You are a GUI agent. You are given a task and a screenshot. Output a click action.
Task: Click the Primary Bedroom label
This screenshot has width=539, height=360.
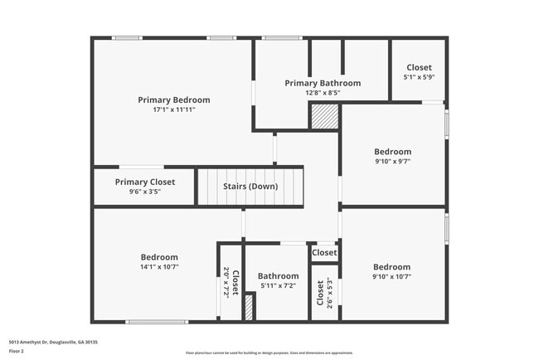tap(174, 100)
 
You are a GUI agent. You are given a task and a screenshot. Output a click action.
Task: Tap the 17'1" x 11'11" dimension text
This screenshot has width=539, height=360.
tap(174, 109)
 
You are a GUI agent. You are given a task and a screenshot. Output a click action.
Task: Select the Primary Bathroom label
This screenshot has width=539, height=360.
tap(323, 83)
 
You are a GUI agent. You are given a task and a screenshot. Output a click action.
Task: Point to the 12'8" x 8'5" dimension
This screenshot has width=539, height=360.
tap(323, 93)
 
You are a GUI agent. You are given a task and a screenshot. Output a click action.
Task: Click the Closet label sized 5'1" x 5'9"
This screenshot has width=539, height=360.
tap(419, 67)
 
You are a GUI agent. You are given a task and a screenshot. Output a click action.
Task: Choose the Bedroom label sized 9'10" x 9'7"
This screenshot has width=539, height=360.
tap(392, 152)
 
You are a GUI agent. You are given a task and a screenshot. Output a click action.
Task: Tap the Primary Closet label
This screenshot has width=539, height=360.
tap(145, 182)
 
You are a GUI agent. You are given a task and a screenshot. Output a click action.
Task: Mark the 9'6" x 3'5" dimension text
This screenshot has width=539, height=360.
tap(145, 192)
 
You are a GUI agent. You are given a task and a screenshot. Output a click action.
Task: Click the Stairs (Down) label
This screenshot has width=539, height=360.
tap(250, 187)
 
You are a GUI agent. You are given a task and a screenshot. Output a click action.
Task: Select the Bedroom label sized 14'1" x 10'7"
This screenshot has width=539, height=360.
tap(159, 257)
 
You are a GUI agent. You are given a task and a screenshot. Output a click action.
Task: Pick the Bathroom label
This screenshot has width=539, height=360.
tap(278, 276)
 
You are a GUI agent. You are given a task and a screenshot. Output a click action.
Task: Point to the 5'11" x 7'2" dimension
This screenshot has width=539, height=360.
tap(278, 286)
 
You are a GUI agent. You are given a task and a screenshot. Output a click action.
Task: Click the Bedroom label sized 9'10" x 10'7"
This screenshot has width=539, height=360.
tap(392, 267)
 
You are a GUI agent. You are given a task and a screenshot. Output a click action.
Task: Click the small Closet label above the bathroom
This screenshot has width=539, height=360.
tap(324, 253)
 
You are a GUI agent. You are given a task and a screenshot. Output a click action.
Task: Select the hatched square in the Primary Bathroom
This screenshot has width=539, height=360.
tap(324, 116)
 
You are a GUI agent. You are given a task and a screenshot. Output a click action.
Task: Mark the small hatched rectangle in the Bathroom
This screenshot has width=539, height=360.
tap(248, 307)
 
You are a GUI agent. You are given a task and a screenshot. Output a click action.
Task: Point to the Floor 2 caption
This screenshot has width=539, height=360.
tap(16, 351)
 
